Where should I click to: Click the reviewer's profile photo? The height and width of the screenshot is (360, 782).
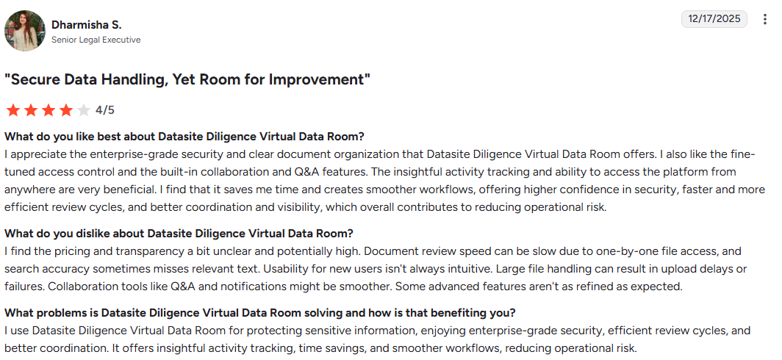tap(25, 31)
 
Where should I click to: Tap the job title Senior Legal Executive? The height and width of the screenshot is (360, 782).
tap(96, 40)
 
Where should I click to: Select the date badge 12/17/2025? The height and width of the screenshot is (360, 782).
tap(714, 19)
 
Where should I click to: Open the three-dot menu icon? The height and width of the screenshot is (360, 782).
tap(765, 19)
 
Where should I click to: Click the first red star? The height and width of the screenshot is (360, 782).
tap(12, 110)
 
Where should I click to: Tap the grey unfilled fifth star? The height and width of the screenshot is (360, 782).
tap(83, 110)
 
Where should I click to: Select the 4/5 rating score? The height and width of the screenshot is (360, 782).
tap(105, 110)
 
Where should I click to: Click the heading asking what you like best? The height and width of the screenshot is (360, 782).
tap(184, 137)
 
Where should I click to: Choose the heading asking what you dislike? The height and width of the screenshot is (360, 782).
tap(179, 234)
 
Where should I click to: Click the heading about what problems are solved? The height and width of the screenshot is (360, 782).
tap(260, 312)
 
